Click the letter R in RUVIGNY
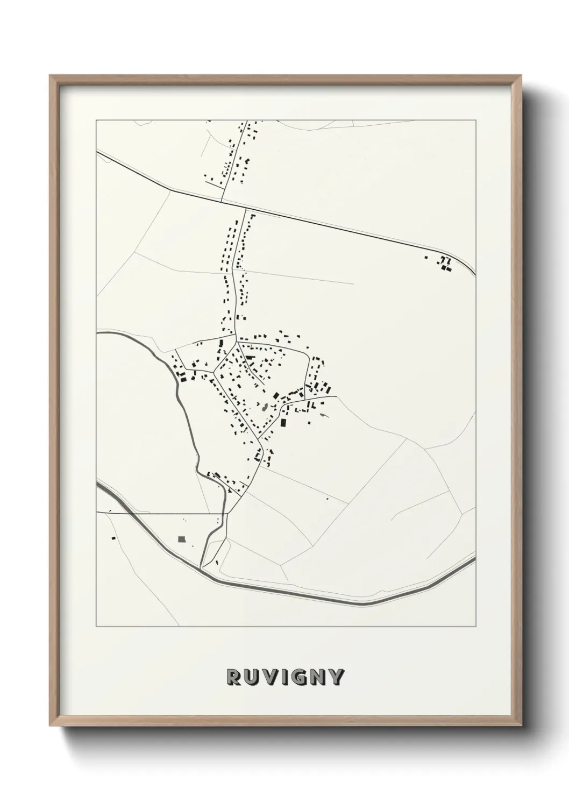233,678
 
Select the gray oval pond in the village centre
265,407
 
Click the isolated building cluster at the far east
444,263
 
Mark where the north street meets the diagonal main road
222,201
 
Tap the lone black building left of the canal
113,537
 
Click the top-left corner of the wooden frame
50,76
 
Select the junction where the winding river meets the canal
202,567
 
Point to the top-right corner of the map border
475,120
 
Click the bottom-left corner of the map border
96,627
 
